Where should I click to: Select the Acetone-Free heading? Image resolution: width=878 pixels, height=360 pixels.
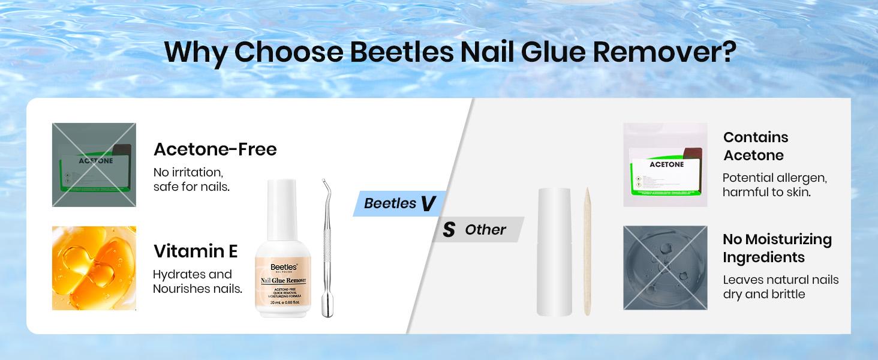coord(215,149)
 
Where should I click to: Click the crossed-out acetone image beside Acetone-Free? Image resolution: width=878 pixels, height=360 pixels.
coord(94,165)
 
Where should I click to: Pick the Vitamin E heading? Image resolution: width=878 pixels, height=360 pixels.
coord(196,251)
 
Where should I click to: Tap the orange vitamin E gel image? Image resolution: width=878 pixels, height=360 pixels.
coord(94,268)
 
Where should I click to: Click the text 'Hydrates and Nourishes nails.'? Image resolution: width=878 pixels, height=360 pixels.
coord(197,281)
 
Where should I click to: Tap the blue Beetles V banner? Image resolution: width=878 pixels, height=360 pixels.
coord(398,203)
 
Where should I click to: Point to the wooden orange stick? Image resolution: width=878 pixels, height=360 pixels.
coord(587,252)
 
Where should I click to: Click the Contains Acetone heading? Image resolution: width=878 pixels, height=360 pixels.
coord(756,146)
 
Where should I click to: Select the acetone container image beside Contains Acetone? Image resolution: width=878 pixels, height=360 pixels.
coord(665,165)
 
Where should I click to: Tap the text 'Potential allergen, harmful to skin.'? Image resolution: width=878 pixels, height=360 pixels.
coord(775,185)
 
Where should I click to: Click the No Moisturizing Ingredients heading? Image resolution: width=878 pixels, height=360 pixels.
coord(777,248)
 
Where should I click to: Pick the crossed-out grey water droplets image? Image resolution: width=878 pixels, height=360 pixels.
coord(665,268)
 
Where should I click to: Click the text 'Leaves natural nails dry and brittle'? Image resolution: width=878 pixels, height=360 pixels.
coord(780,287)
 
